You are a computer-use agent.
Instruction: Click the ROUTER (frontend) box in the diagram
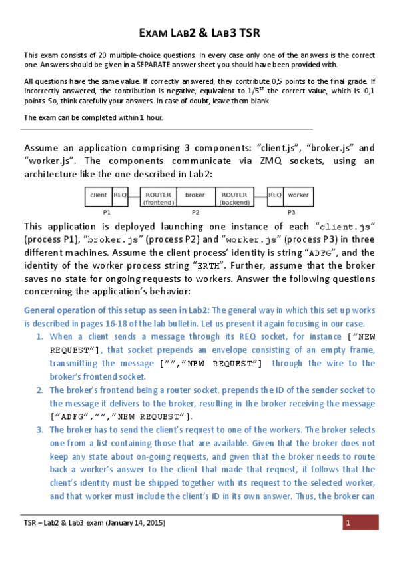click(159, 198)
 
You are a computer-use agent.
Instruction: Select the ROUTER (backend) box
click(234, 198)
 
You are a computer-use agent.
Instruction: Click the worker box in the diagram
click(298, 195)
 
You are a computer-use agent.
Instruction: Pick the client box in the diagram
click(98, 195)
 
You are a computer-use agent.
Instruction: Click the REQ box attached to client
click(120, 195)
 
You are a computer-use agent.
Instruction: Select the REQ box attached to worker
click(275, 195)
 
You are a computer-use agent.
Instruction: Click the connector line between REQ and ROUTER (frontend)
click(134, 195)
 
